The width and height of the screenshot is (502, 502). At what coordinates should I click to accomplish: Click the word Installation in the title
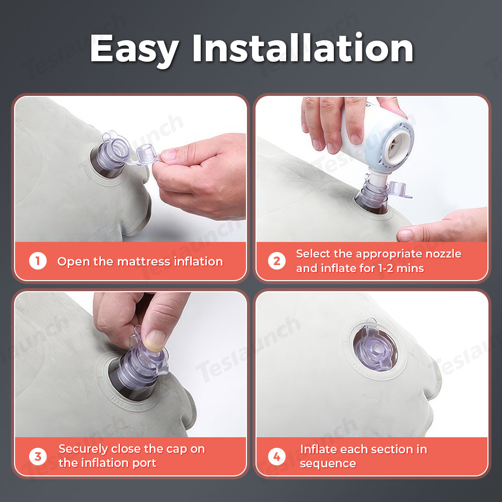coord(303,48)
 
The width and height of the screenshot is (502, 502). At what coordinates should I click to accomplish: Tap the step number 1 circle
coord(38,261)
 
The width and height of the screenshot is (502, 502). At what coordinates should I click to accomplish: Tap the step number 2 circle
coord(277,261)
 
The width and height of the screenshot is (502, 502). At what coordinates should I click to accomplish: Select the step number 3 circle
coord(38,456)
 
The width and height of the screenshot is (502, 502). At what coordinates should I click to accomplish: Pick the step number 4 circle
coord(277,456)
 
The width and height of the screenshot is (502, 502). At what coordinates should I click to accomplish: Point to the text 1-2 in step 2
coord(386,268)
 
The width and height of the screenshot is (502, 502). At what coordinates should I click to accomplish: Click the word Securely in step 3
coord(83,449)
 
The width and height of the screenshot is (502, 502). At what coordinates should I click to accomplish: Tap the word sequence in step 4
coord(328,464)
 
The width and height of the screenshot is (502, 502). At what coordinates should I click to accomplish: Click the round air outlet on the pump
coord(398,146)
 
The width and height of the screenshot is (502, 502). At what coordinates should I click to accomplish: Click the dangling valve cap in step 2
coord(398,190)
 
